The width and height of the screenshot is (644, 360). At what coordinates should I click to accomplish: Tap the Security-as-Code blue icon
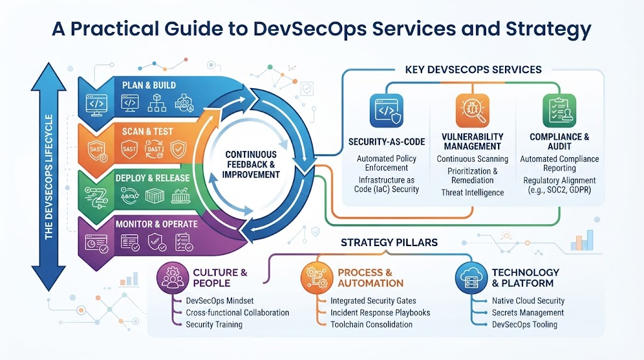click(x=387, y=111)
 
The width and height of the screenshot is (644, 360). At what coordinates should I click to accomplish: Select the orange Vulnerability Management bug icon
click(x=473, y=111)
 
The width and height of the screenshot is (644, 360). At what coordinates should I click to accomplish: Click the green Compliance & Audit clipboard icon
click(x=559, y=111)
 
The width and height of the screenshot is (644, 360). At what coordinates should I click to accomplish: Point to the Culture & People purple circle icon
click(x=173, y=278)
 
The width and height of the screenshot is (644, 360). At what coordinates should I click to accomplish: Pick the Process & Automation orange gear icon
click(x=317, y=278)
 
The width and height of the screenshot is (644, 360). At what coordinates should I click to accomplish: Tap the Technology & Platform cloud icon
click(x=471, y=278)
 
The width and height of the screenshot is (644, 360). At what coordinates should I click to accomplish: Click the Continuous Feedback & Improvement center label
click(x=251, y=164)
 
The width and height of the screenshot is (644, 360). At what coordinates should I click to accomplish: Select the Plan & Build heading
click(x=148, y=86)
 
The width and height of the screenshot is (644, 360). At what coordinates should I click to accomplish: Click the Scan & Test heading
click(x=147, y=132)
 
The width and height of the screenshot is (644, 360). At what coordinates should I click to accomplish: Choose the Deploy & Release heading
click(x=152, y=178)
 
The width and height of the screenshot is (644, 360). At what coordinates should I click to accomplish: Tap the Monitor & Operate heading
click(x=157, y=224)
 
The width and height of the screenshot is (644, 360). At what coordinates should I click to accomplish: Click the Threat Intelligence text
click(x=472, y=193)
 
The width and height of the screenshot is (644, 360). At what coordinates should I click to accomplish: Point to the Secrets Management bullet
click(x=528, y=313)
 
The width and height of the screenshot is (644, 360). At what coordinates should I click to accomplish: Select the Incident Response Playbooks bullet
click(x=380, y=313)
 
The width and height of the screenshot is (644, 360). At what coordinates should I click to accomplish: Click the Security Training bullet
click(x=214, y=324)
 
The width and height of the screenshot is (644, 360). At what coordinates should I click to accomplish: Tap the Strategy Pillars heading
click(x=389, y=242)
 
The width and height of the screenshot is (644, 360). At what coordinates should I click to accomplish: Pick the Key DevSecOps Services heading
click(x=473, y=69)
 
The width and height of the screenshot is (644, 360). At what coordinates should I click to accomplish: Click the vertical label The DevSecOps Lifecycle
click(x=49, y=177)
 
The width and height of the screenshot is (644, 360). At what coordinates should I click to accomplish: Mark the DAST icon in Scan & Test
click(x=154, y=149)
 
